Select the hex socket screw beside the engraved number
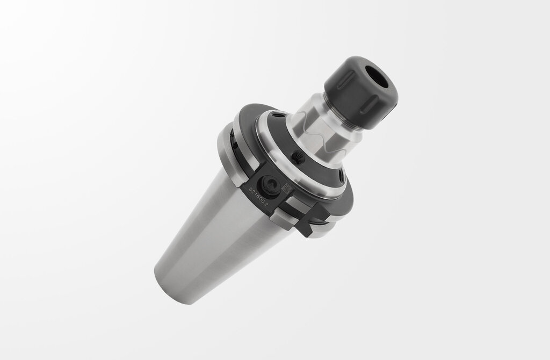tap(269, 185)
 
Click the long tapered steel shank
tap(215, 226)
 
